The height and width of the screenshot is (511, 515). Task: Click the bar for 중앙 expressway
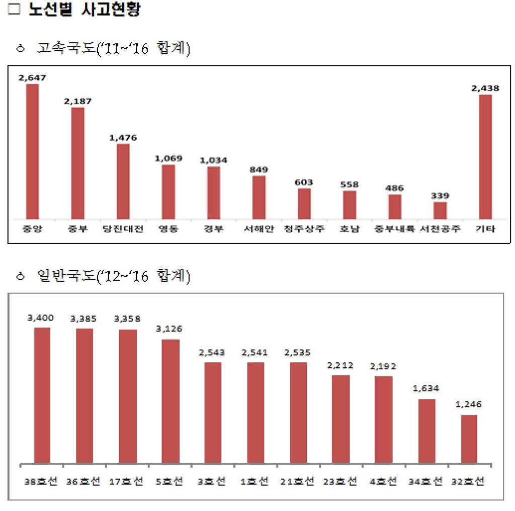pos(33,151)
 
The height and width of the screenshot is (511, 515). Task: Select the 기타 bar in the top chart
pos(485,156)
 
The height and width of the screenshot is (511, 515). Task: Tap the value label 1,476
pos(123,137)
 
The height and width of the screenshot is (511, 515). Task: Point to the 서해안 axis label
pos(259,230)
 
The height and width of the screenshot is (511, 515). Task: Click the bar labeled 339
pos(440,210)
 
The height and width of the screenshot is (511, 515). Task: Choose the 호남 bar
pos(350,205)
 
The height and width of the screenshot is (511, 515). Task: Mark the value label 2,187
pos(78,101)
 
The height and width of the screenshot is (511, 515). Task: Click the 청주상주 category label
pos(304,230)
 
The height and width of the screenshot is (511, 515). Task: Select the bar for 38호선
pos(42,395)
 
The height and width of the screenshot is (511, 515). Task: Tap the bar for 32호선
pos(469,439)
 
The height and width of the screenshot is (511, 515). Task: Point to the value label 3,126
pos(168,329)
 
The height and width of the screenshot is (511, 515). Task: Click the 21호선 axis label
pos(298,481)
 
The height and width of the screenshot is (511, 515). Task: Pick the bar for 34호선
pos(427,431)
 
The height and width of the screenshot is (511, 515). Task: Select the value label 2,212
pos(340,365)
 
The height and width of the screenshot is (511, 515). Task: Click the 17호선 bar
pos(127,396)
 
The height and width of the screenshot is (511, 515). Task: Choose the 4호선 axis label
pos(384,481)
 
